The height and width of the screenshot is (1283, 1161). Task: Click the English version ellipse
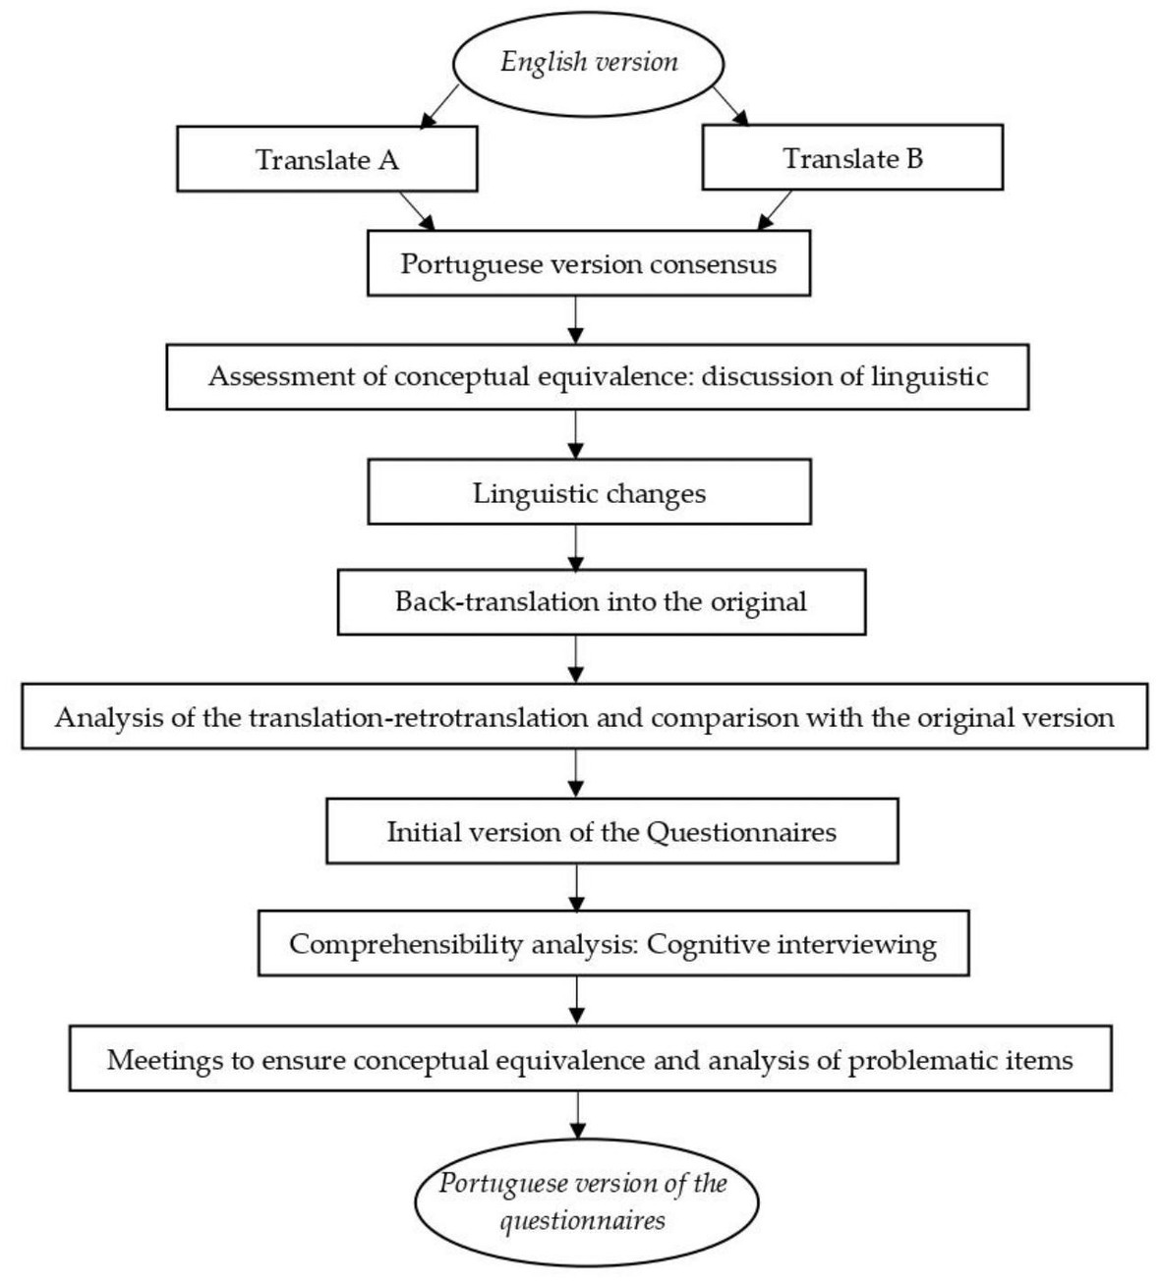point(588,63)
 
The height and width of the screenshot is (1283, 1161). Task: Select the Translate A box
point(327,158)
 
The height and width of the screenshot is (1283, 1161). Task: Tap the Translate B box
point(852,157)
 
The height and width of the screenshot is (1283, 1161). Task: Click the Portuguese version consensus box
point(589,263)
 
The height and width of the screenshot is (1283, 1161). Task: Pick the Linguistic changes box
point(590,492)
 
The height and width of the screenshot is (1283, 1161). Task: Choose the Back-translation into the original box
point(602,602)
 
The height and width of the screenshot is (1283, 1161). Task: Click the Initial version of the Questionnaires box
point(612,831)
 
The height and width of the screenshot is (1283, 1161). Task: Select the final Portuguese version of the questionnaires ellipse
point(587,1201)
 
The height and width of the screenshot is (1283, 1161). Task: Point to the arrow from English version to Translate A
point(439,106)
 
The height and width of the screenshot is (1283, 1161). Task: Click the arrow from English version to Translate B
point(730,105)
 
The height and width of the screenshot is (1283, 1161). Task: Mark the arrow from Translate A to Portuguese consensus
point(417,211)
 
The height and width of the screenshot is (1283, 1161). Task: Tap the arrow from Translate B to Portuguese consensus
point(775,210)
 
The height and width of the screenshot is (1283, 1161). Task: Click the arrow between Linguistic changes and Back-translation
point(576,547)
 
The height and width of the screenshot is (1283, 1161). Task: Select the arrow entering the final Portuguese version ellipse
point(577,1115)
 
